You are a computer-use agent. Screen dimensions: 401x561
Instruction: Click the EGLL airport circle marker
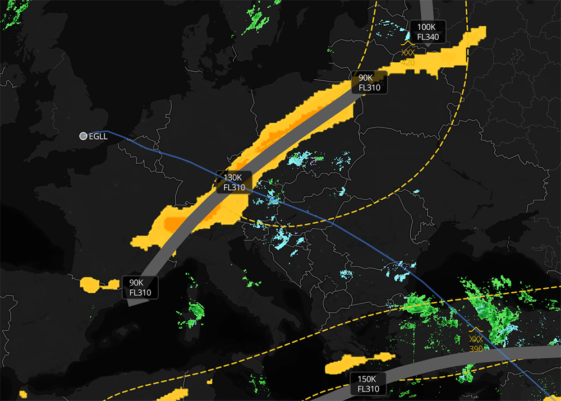84,136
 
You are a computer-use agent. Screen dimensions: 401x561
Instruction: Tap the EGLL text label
98,136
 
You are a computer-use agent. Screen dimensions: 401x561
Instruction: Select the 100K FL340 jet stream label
427,32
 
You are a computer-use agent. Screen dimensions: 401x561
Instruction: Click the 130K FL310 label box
234,182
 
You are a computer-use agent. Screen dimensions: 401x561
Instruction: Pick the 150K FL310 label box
367,384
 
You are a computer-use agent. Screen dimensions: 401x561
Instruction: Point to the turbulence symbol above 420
408,50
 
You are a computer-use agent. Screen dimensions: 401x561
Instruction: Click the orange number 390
476,349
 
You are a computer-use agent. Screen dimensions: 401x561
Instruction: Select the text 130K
234,177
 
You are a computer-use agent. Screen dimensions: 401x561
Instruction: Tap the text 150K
367,379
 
